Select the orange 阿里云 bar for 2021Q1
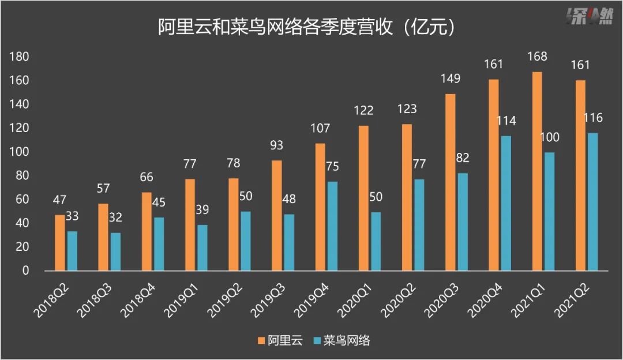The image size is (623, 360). [537, 171]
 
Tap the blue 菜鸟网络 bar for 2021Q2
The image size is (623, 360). [593, 202]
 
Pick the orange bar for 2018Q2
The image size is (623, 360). [60, 242]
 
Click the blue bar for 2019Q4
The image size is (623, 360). [332, 226]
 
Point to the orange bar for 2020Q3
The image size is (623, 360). [451, 182]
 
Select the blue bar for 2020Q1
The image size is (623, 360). [376, 241]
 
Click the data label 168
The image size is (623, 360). [537, 57]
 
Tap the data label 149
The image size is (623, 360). [450, 79]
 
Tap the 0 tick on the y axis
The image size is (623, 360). [25, 271]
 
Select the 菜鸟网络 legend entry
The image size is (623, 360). [340, 341]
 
